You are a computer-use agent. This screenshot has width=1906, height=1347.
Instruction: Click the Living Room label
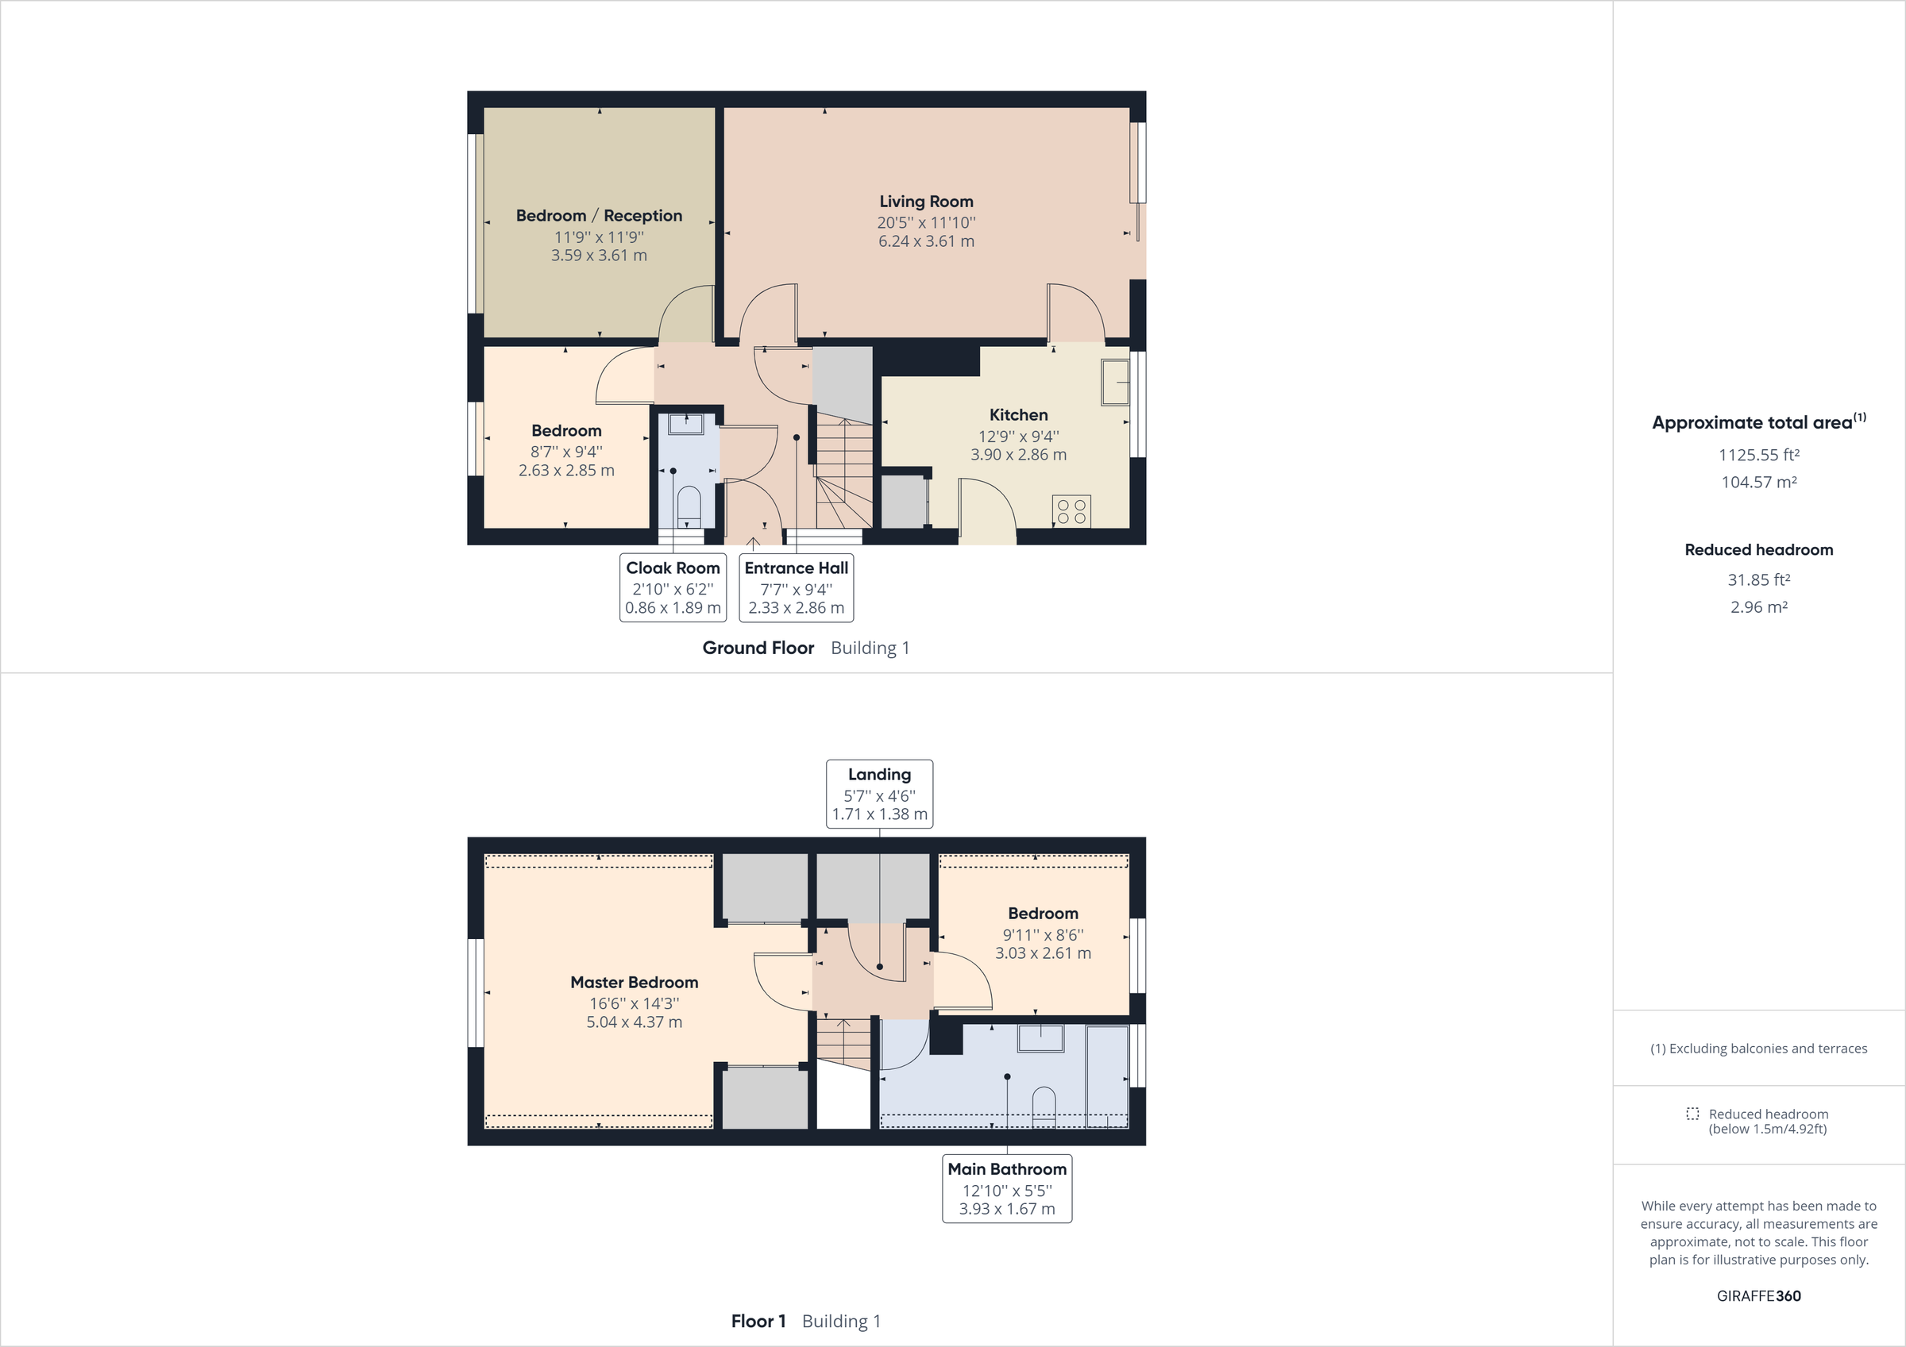pyautogui.click(x=926, y=202)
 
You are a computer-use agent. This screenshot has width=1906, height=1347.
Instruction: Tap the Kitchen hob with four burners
pyautogui.click(x=1071, y=511)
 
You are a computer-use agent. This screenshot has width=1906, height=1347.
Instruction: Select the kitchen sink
pyautogui.click(x=1115, y=382)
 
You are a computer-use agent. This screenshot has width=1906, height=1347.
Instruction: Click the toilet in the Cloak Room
pyautogui.click(x=689, y=504)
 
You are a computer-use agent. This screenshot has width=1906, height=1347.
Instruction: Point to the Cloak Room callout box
pyautogui.click(x=673, y=587)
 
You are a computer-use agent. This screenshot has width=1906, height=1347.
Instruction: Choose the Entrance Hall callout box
pyautogui.click(x=796, y=587)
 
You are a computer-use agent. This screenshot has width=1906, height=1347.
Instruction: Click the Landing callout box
pyautogui.click(x=879, y=795)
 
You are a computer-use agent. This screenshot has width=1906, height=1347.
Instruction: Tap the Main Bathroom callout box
pyautogui.click(x=1007, y=1188)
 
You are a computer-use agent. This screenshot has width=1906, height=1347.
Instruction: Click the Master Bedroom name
pyautogui.click(x=635, y=983)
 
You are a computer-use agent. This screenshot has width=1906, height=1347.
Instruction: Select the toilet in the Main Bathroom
pyautogui.click(x=1044, y=1106)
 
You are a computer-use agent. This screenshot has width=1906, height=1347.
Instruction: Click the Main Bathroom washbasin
pyautogui.click(x=1040, y=1038)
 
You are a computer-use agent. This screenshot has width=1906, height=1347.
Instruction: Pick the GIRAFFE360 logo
pyautogui.click(x=1758, y=1295)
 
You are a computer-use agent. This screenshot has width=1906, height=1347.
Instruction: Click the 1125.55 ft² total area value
pyautogui.click(x=1758, y=455)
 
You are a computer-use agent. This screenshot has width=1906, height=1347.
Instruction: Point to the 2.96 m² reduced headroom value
pyautogui.click(x=1758, y=606)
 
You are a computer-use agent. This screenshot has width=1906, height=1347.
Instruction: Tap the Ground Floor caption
pyautogui.click(x=758, y=648)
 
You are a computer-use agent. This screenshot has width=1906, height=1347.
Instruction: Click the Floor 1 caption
pyautogui.click(x=758, y=1322)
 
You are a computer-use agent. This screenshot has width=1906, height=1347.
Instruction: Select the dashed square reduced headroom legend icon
pyautogui.click(x=1692, y=1114)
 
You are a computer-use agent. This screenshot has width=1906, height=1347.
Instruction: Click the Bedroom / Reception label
pyautogui.click(x=599, y=216)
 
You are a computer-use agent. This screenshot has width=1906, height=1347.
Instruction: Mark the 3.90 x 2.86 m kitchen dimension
pyautogui.click(x=1019, y=455)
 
